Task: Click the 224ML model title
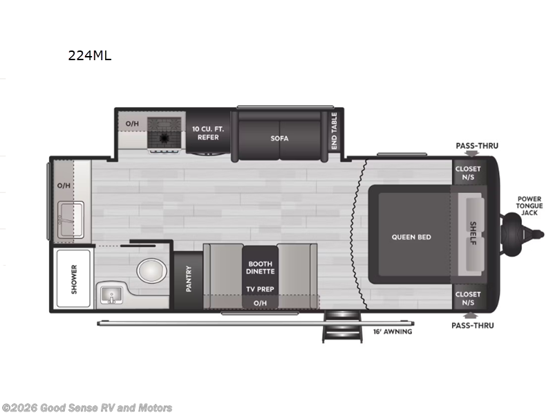tap(89, 56)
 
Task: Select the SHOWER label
tap(75, 279)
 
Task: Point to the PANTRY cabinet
tap(188, 279)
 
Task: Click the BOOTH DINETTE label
tap(260, 268)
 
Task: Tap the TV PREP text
tap(260, 290)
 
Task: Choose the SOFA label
tap(279, 138)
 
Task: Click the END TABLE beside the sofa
tap(334, 131)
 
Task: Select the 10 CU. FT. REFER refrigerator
tap(206, 133)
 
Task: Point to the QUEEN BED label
tap(411, 237)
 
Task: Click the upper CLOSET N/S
tap(468, 173)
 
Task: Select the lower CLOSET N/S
tap(468, 298)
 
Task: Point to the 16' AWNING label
tap(393, 331)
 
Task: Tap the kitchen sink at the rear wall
tap(70, 219)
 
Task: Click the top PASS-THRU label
tap(476, 146)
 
